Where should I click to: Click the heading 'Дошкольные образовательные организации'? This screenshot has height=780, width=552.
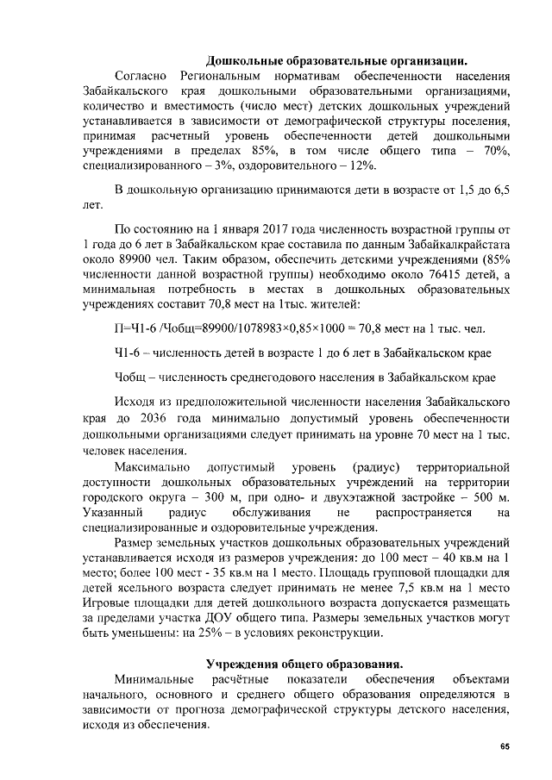(336, 60)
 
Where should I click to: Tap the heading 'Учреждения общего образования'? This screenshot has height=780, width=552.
(304, 664)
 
